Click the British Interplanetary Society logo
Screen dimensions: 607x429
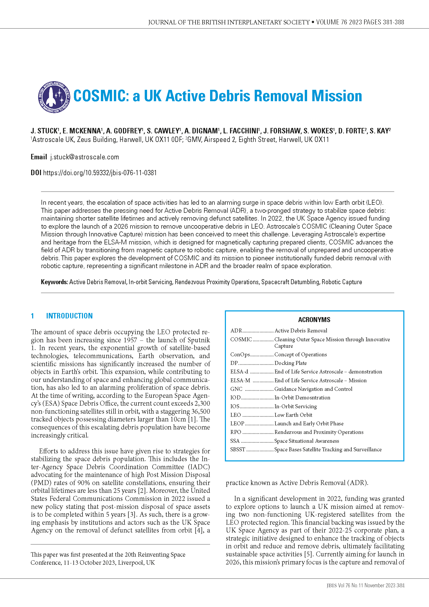click(x=54, y=97)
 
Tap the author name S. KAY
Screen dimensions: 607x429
click(x=380, y=131)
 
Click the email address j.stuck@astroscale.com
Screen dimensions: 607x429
click(x=85, y=157)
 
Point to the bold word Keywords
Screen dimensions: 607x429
click(x=54, y=282)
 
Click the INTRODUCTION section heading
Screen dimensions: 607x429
click(x=69, y=316)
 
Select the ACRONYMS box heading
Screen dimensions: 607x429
click(x=314, y=320)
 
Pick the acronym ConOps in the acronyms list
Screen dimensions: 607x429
click(x=240, y=354)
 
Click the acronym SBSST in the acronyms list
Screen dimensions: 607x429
click(x=238, y=449)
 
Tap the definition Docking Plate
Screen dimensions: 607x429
click(x=290, y=363)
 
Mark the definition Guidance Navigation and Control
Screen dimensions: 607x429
click(x=313, y=389)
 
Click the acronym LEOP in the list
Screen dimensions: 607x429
click(x=237, y=424)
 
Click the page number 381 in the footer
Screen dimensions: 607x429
click(x=400, y=585)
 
